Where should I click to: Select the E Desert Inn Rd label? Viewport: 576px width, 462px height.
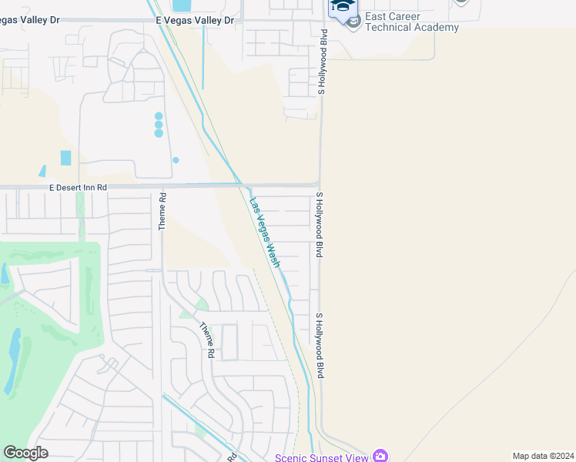(x=78, y=187)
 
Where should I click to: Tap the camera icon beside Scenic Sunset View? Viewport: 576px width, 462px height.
(x=380, y=456)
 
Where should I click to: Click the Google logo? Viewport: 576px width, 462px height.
(x=25, y=453)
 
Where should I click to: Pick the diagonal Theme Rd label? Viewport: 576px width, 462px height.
(x=206, y=340)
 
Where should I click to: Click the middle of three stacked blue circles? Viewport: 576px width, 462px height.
(x=159, y=125)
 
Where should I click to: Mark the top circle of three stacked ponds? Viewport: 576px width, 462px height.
(x=159, y=116)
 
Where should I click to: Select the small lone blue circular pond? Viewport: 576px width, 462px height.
(x=176, y=160)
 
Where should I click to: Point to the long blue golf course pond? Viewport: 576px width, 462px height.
(x=14, y=362)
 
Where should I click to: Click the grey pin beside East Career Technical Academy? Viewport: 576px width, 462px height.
(x=353, y=21)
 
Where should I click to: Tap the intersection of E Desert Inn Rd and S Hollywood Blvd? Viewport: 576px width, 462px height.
(x=320, y=185)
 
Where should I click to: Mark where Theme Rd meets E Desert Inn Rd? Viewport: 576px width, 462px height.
(x=162, y=186)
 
